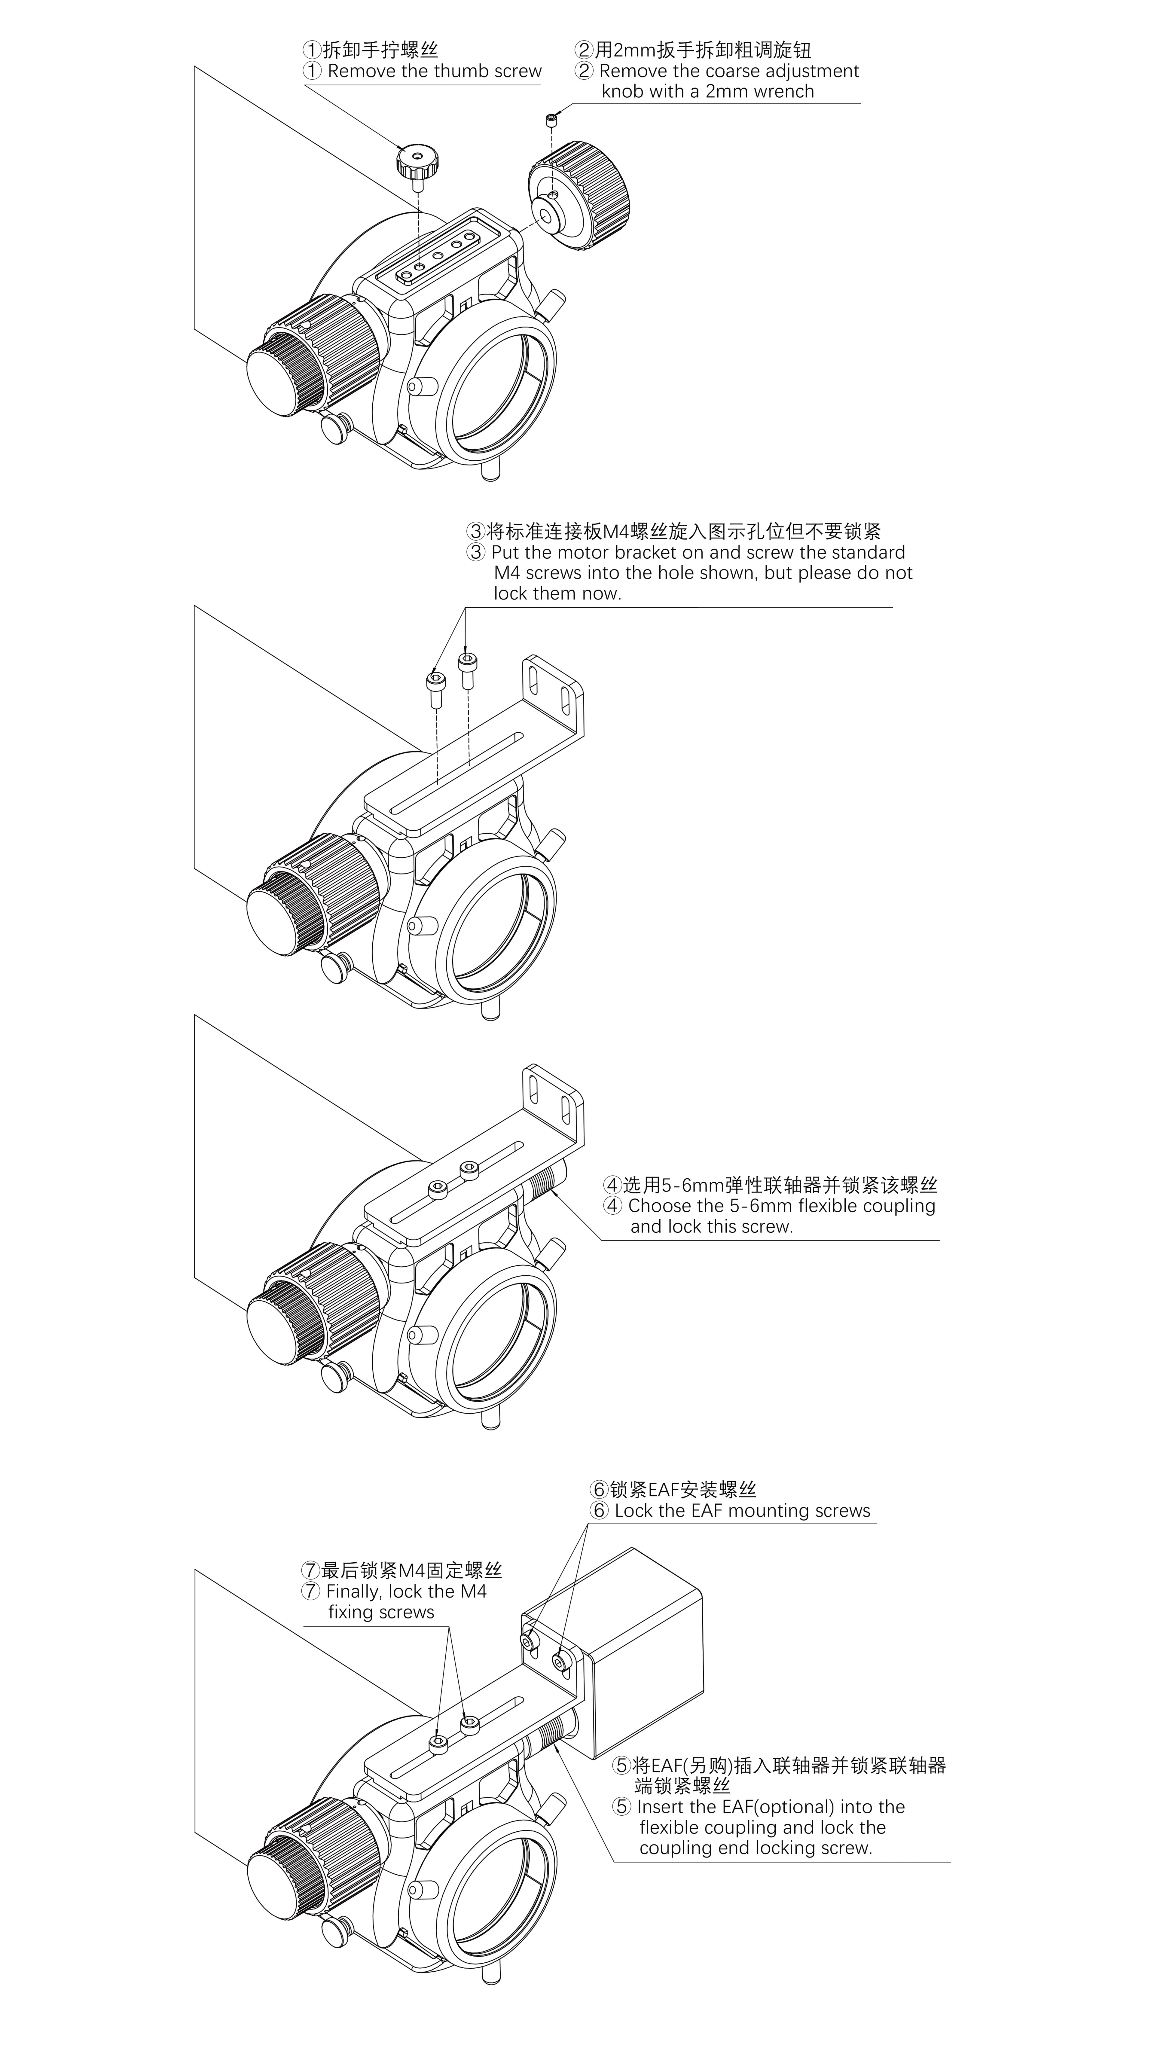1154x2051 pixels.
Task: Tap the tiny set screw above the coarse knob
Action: (x=551, y=120)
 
